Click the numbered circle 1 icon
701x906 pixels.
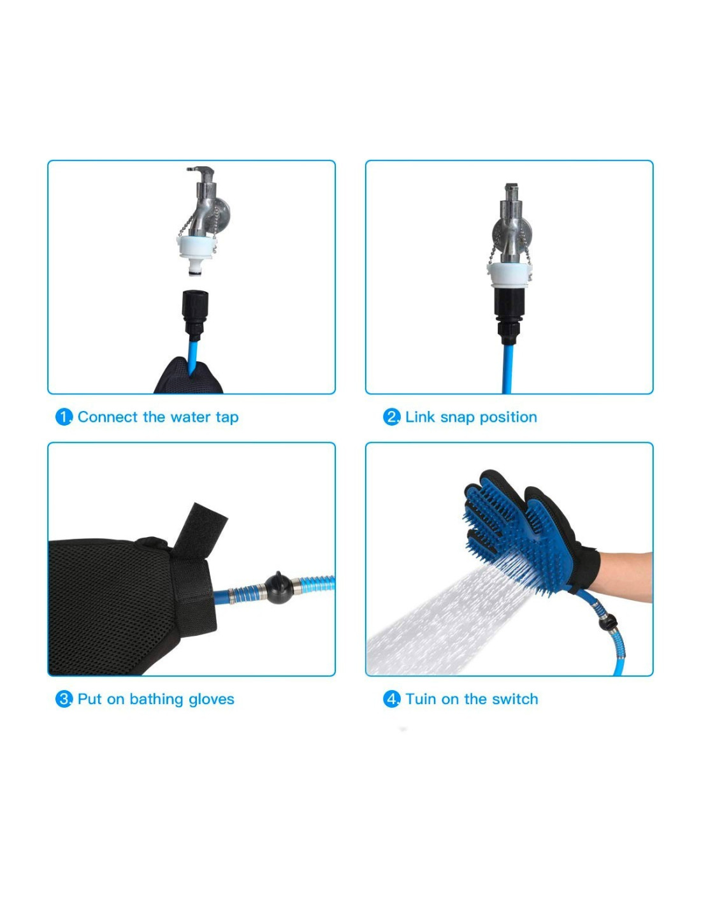click(63, 417)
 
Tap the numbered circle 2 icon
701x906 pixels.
click(391, 417)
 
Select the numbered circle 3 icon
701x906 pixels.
click(63, 699)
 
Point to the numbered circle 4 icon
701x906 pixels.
click(391, 699)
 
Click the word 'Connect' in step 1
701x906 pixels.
click(107, 417)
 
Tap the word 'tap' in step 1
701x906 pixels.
click(228, 418)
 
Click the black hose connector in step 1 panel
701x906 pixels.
click(195, 314)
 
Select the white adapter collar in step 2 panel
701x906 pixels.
click(509, 275)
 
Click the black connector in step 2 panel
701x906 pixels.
click(509, 314)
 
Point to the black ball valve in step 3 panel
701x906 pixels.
click(277, 588)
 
